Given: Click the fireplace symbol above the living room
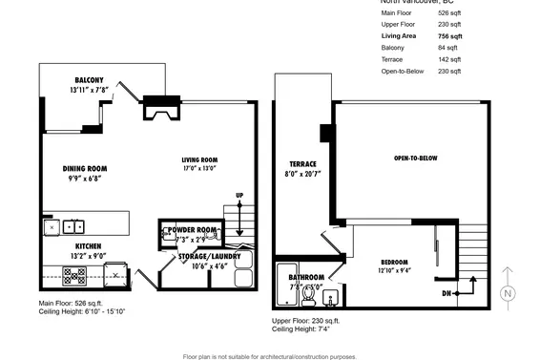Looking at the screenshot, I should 158,110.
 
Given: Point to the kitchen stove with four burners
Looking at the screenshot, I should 75,277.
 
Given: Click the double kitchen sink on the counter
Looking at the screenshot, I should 73,227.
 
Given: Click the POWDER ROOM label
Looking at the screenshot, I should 194,231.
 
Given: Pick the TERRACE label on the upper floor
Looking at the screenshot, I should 302,163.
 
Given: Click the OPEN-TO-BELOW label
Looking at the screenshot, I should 415,158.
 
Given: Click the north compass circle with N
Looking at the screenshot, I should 508,293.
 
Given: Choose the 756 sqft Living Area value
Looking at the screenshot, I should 449,36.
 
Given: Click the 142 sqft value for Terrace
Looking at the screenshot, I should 449,59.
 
